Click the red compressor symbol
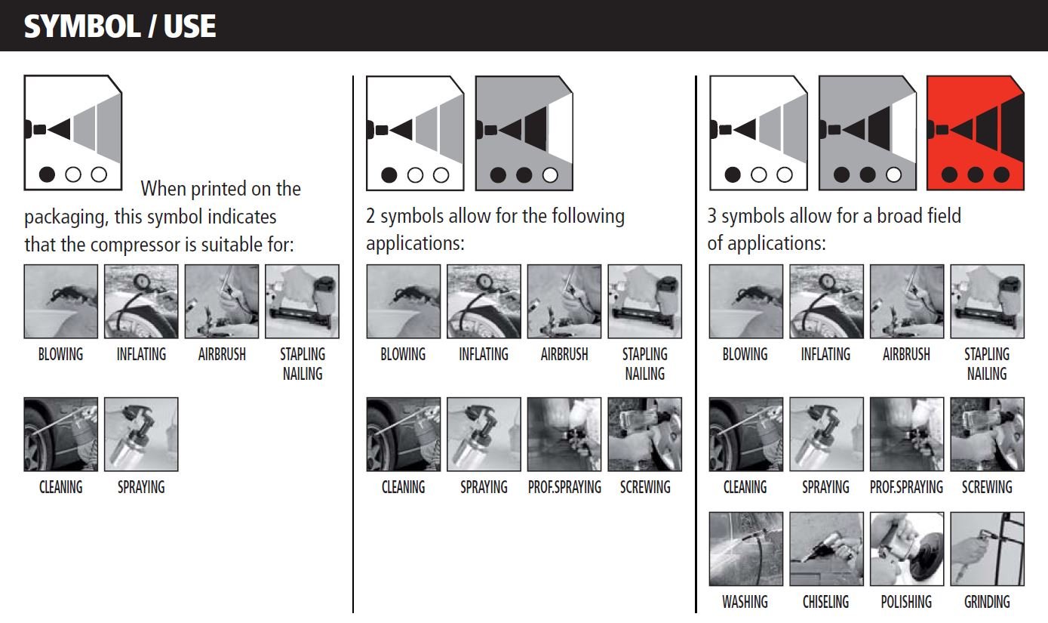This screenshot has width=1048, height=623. tap(976, 133)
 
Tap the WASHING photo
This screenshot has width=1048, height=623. tap(745, 549)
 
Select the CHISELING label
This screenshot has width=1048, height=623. tap(825, 602)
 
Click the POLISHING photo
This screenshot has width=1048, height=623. tap(907, 549)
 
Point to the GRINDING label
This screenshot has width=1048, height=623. tap(987, 602)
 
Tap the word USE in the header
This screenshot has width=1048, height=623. tap(189, 26)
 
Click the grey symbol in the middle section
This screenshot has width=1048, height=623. tap(524, 133)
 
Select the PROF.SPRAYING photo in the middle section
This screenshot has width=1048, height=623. tap(564, 434)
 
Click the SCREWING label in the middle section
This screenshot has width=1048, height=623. tap(645, 488)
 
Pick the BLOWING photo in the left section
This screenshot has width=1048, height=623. tap(61, 301)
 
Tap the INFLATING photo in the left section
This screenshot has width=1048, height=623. tap(141, 301)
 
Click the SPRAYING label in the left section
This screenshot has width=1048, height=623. tap(141, 488)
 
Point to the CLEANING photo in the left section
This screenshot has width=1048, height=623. tap(61, 434)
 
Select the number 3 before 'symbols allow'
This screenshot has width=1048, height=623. tap(711, 216)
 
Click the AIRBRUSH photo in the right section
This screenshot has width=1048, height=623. tap(907, 301)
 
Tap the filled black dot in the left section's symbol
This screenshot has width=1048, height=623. tap(47, 174)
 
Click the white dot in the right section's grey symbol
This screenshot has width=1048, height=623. tap(893, 174)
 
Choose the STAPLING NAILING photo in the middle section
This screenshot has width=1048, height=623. tap(644, 301)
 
